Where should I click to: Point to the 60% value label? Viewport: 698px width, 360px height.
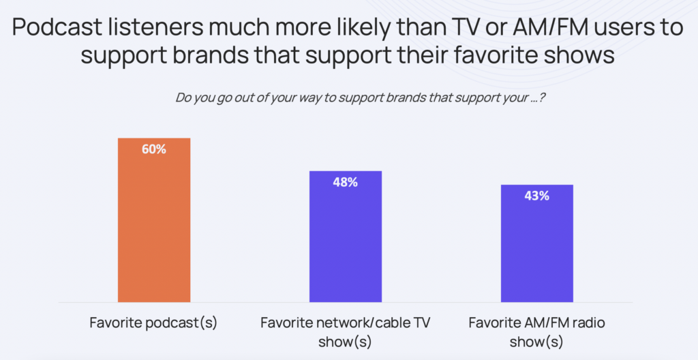(x=154, y=149)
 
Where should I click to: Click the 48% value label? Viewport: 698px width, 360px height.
(x=346, y=182)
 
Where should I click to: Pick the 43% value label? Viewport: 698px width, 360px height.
(x=537, y=196)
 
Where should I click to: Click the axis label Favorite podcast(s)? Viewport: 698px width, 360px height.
(x=153, y=322)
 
